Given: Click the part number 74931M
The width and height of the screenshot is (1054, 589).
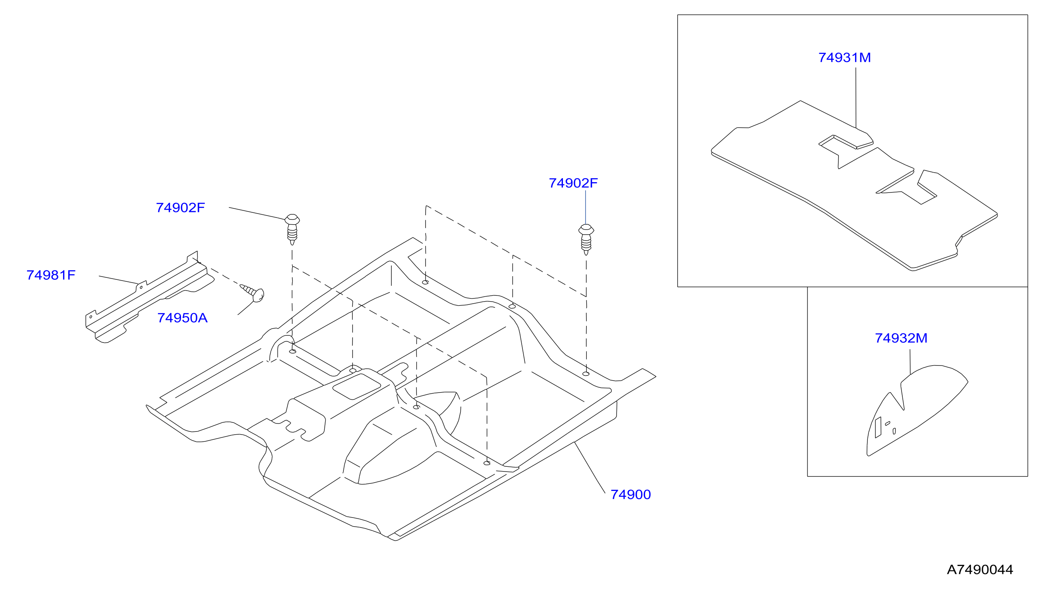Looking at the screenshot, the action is (844, 58).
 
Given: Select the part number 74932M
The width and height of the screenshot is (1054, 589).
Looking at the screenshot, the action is (901, 338).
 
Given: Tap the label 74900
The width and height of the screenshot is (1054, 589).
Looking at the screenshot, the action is (630, 495).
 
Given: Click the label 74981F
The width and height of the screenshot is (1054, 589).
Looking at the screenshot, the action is (51, 275).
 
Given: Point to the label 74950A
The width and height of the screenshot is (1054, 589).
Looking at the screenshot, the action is (183, 318).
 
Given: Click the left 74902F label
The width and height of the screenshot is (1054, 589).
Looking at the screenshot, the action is (181, 208).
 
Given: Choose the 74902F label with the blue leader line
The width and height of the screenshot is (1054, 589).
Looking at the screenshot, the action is (573, 183).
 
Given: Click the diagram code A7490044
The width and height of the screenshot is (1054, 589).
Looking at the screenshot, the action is (980, 570).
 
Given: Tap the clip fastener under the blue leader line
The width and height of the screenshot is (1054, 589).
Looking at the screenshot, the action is (586, 240).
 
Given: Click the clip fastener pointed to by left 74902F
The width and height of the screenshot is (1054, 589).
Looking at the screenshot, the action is (292, 229).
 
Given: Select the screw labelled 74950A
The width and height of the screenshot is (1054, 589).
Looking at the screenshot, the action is (252, 293).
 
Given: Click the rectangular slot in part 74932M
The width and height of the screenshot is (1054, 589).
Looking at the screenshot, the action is (878, 427).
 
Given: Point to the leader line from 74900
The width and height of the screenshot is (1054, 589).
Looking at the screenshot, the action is (590, 468).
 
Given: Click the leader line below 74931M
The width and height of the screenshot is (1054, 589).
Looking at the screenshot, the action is (856, 98).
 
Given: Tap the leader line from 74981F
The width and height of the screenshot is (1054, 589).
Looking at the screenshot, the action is (118, 280).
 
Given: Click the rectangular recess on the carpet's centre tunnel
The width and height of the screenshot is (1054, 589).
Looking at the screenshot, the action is (357, 386).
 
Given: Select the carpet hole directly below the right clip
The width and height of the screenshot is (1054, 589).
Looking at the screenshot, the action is (586, 374).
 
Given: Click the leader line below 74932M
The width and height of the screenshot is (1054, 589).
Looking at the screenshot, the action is (910, 362).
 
